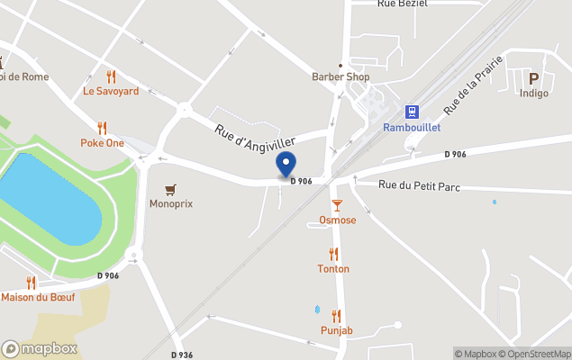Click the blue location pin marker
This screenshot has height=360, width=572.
(x=286, y=165)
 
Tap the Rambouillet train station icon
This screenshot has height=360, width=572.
(x=412, y=111)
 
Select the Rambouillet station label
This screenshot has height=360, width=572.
(x=411, y=128)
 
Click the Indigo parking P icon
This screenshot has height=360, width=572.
(x=533, y=78)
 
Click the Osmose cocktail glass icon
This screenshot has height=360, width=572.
(x=337, y=205)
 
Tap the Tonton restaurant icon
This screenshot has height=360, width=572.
(x=333, y=254)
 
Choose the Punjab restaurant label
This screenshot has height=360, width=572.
(x=336, y=330)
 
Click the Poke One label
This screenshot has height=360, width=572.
(x=102, y=142)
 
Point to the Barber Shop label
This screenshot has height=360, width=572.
(x=340, y=76)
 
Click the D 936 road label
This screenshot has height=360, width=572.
(x=180, y=354)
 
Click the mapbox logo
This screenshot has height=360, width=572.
(x=40, y=348)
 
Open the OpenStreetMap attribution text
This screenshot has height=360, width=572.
(x=535, y=354)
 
